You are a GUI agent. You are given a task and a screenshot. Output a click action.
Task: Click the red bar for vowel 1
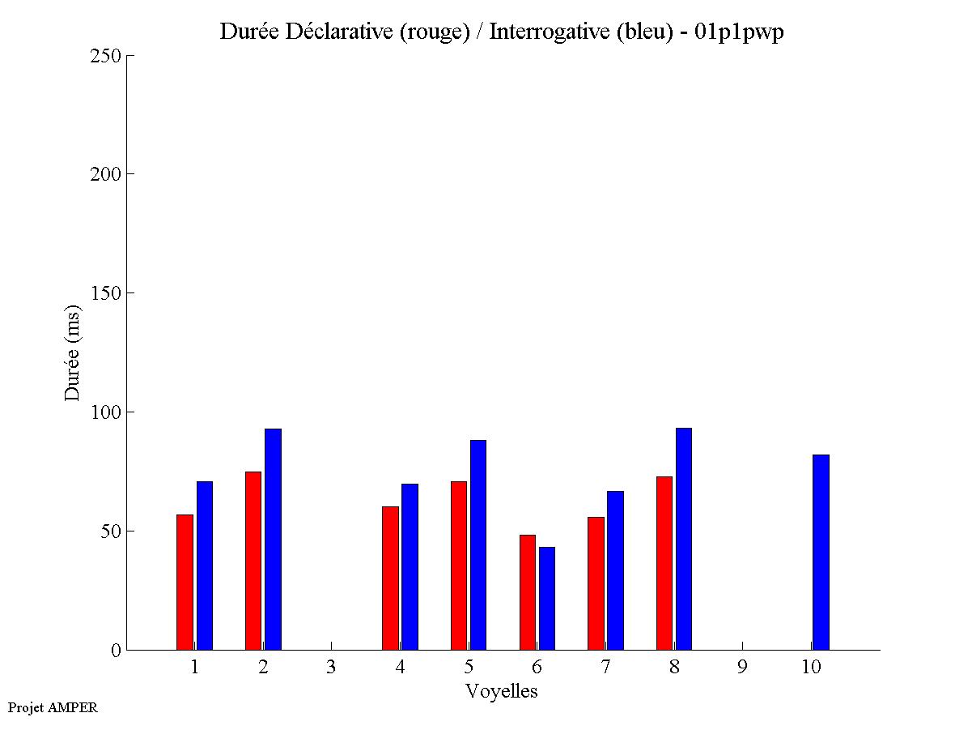(x=185, y=582)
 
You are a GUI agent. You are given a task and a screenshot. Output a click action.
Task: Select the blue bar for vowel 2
(x=273, y=539)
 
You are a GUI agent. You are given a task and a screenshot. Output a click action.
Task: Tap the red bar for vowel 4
(x=390, y=578)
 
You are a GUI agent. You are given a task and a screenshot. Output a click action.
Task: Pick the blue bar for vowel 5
(x=478, y=544)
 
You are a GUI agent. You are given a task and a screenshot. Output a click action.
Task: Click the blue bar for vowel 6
(x=547, y=598)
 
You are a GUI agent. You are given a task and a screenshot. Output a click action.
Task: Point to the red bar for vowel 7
(x=596, y=583)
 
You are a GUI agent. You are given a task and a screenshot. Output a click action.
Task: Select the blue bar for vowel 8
(x=684, y=539)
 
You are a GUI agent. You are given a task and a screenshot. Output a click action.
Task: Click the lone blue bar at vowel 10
(x=821, y=552)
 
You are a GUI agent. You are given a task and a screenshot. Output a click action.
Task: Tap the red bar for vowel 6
(x=527, y=591)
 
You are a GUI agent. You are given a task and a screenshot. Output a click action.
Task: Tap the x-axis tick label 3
(x=331, y=667)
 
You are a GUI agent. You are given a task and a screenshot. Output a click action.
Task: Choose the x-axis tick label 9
(x=742, y=667)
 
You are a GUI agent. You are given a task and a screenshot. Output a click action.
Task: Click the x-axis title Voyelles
(x=502, y=691)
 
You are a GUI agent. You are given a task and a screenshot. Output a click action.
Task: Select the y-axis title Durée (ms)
(x=73, y=352)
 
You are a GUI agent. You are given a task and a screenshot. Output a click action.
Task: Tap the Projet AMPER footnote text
(x=53, y=707)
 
